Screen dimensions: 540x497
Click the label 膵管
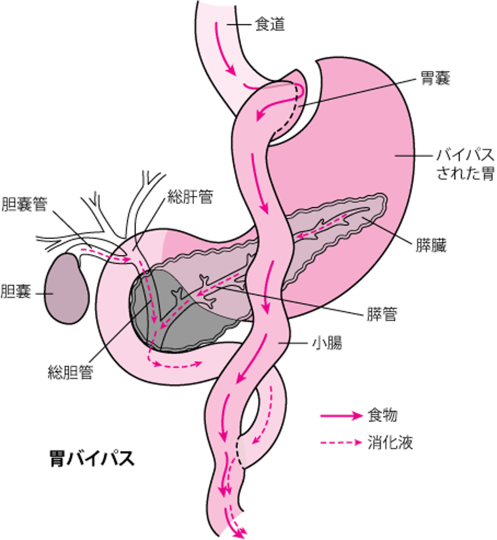pos(383,315)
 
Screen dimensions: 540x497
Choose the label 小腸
pos(328,343)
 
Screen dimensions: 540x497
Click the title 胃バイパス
pos(92,459)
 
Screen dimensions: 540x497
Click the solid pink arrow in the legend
pos(341,416)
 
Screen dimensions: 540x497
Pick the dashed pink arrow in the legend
pos(341,443)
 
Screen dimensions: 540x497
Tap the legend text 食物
pos(383,416)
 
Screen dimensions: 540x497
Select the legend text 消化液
pos(390,443)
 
